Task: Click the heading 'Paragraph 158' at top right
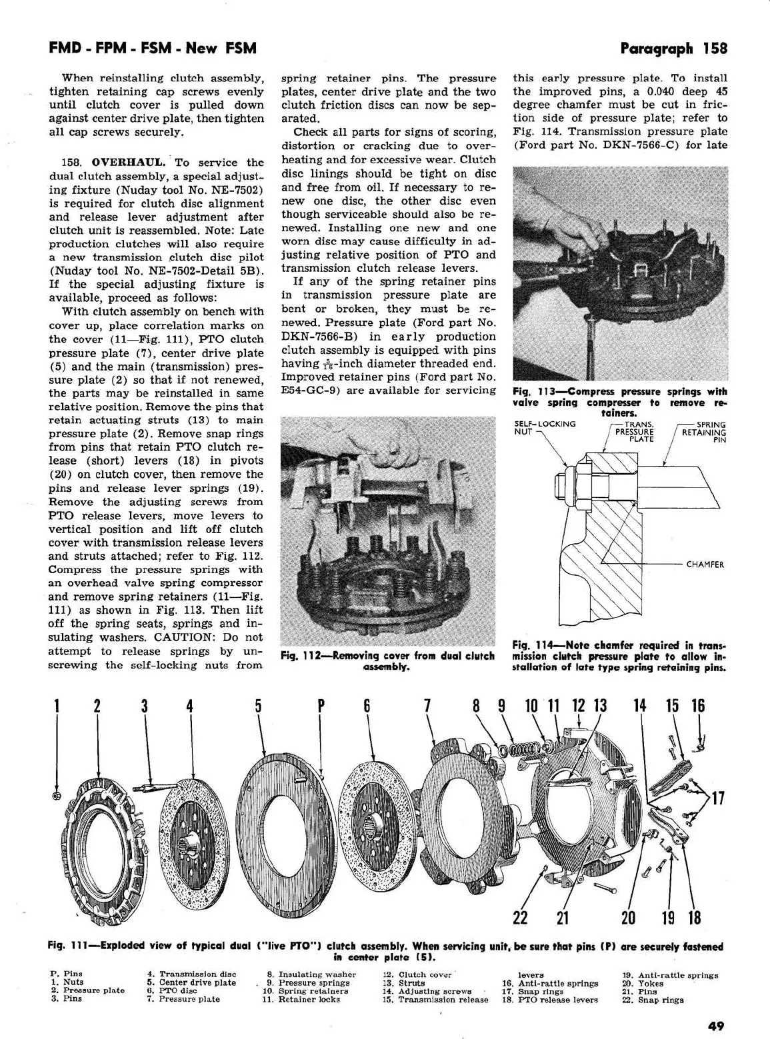pos(673,48)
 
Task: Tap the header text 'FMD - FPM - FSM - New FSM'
pos(153,48)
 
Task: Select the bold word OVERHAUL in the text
pos(131,163)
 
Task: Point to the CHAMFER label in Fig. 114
pos(705,564)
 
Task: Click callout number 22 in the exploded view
pos(520,918)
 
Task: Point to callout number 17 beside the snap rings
pos(718,798)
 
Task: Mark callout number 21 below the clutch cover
pos(563,918)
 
